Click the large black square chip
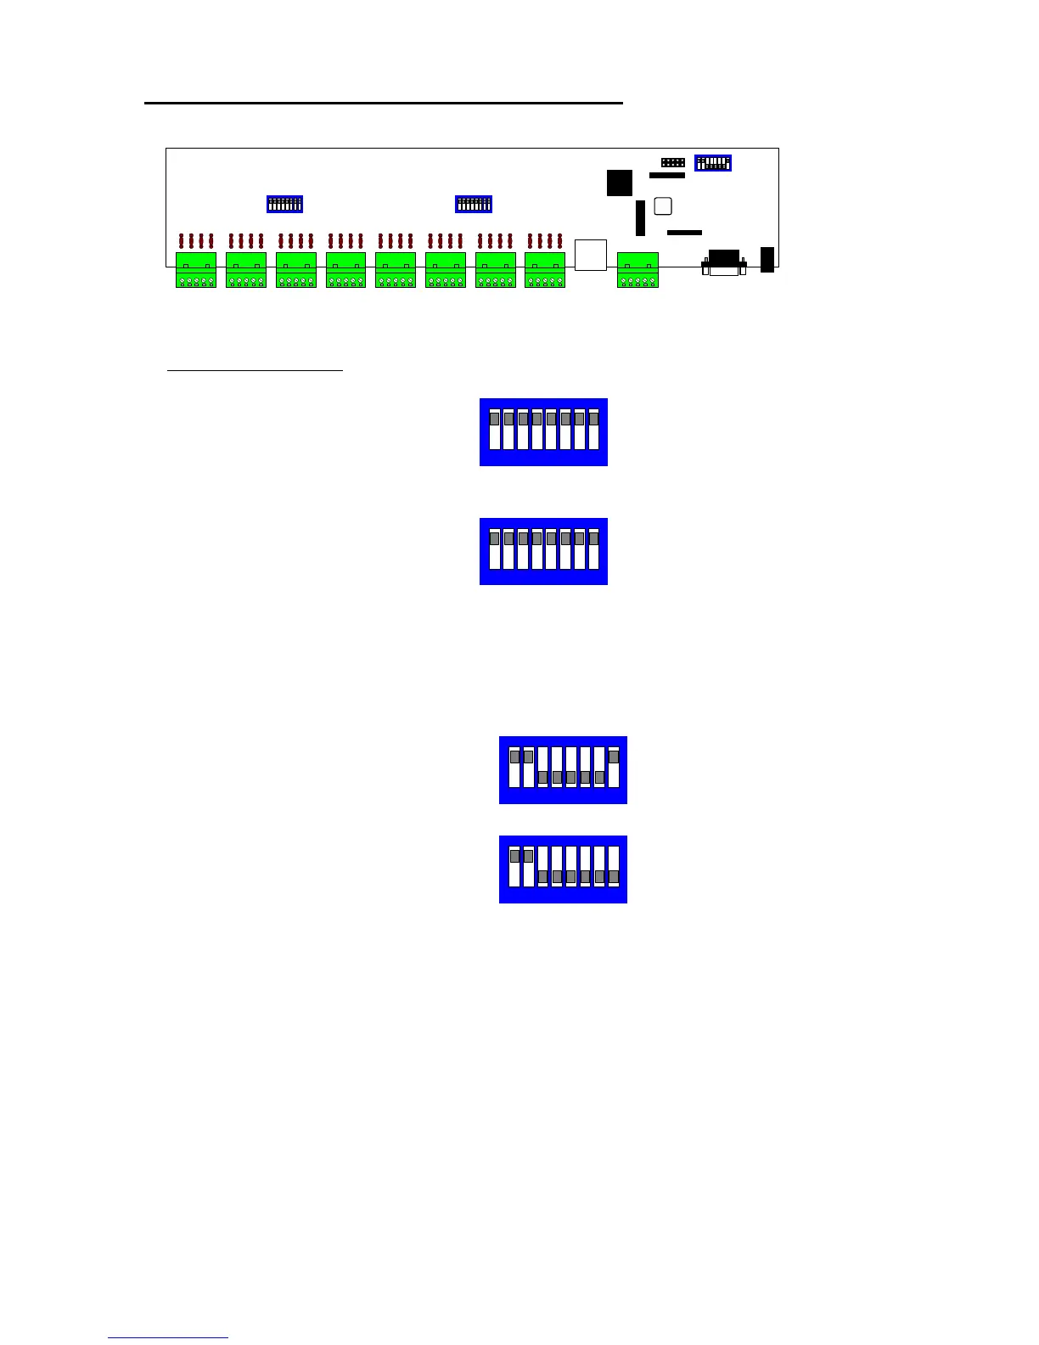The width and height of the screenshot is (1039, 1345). tap(620, 183)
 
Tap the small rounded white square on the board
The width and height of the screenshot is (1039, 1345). tap(664, 206)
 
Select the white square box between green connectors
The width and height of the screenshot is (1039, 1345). tap(591, 255)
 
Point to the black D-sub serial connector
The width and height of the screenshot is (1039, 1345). tap(724, 262)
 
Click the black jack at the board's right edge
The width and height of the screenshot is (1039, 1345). tap(767, 259)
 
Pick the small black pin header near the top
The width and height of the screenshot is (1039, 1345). tap(673, 161)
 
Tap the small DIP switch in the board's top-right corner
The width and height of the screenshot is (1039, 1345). tap(713, 162)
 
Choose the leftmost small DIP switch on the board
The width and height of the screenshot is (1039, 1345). tap(284, 204)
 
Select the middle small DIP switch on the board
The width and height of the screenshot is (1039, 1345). tap(474, 204)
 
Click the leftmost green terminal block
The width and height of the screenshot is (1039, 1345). tap(196, 270)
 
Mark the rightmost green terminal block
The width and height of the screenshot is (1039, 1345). tap(637, 270)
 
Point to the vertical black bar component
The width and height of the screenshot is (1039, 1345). tap(640, 218)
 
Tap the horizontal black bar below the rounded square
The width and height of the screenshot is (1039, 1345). tap(684, 232)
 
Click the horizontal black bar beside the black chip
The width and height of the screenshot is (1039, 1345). tap(666, 176)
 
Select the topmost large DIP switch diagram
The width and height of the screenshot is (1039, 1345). tap(543, 431)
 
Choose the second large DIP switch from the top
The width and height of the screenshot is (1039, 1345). tap(543, 551)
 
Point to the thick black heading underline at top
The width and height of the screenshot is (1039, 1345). tap(384, 103)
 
